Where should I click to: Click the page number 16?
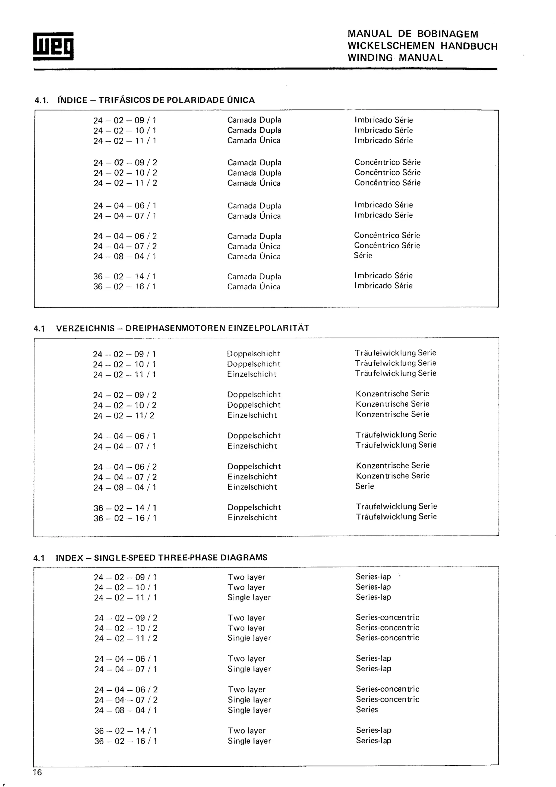[37, 772]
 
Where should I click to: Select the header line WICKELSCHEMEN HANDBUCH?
[422, 46]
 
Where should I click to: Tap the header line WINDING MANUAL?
[395, 58]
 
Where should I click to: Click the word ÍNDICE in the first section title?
[72, 100]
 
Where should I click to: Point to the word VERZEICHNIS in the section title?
[85, 328]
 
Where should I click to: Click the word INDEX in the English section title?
[69, 558]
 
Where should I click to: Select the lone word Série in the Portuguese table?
[363, 255]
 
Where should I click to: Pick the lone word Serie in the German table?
[365, 486]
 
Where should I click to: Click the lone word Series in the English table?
[367, 710]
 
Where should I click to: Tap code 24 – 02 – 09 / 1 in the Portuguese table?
[125, 120]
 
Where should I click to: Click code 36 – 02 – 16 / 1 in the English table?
[126, 741]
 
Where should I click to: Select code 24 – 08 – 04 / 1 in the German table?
[125, 487]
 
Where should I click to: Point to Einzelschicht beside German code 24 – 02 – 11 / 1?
[252, 374]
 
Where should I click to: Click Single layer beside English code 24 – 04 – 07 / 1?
[249, 669]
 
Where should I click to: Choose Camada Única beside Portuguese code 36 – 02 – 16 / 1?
[254, 287]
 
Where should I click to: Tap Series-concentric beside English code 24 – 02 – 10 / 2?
[387, 628]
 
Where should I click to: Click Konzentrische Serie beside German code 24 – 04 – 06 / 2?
[393, 465]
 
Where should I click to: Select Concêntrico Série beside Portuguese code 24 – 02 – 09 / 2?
[387, 162]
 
